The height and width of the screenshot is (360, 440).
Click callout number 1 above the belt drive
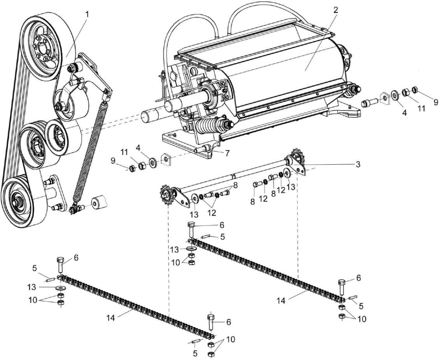click(87, 14)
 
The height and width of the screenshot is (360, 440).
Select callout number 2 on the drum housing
click(335, 10)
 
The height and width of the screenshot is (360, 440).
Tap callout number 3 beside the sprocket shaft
click(357, 164)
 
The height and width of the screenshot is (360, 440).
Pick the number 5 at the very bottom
click(195, 353)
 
